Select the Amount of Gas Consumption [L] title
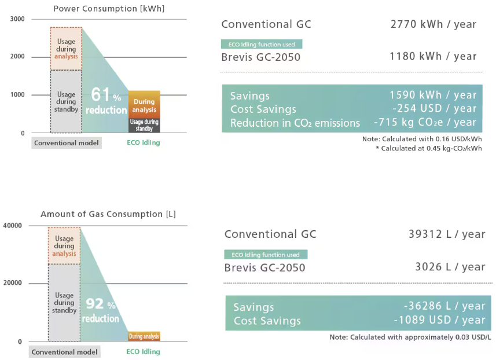click(x=108, y=214)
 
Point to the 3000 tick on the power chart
click(x=17, y=19)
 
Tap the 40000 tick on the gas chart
click(x=12, y=225)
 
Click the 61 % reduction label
click(x=106, y=101)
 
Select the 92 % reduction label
click(x=101, y=310)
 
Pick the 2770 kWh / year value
click(x=433, y=24)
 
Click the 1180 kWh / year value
click(x=433, y=57)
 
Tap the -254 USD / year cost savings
click(x=433, y=109)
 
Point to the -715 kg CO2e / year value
click(x=425, y=123)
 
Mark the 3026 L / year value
click(x=450, y=267)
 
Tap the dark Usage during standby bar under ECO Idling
click(x=144, y=125)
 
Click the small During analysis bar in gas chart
click(x=144, y=336)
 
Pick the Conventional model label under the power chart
click(x=67, y=143)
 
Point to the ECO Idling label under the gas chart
click(x=143, y=351)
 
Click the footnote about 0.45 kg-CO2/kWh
click(x=429, y=149)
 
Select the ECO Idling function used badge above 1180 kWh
click(x=262, y=44)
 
